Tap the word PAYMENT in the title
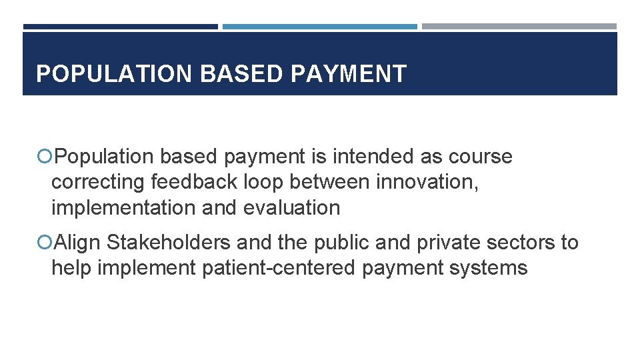[348, 74]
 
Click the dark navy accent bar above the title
[120, 27]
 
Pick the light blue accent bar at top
[319, 27]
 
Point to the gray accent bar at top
[519, 27]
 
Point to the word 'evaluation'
[291, 207]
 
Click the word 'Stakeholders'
[169, 243]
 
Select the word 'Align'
[77, 243]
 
